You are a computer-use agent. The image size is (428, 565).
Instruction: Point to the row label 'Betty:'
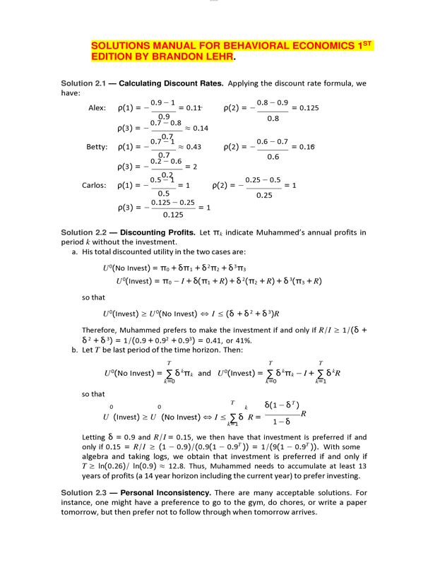pyautogui.click(x=97, y=147)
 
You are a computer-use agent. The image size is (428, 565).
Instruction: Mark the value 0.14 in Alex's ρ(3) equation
pyautogui.click(x=201, y=128)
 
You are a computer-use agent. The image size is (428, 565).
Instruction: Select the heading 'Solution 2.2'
pyautogui.click(x=83, y=232)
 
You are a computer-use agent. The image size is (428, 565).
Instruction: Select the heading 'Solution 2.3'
pyautogui.click(x=83, y=492)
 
